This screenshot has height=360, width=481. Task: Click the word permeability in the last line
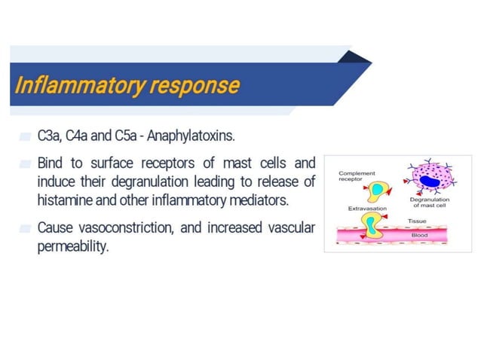(x=73, y=247)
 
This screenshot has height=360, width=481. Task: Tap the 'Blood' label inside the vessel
(x=420, y=236)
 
